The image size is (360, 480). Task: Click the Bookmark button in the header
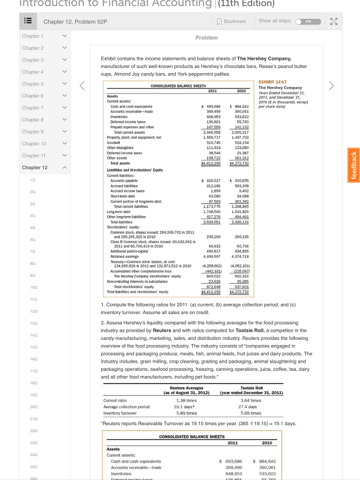232,21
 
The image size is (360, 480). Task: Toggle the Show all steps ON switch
308,22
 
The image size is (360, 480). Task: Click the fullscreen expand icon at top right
333,22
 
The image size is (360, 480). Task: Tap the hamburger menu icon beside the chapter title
28,22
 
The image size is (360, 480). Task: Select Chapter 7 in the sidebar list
32,108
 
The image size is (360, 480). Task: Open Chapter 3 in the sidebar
32,60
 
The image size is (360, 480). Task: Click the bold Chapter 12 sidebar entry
35,167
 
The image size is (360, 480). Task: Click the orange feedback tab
353,165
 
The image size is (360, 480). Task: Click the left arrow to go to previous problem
82,86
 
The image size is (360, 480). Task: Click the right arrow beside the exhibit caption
331,86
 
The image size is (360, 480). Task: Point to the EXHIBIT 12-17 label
273,82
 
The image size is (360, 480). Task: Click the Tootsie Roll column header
251,388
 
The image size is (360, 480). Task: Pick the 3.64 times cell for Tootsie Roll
251,401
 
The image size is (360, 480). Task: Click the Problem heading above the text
206,37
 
